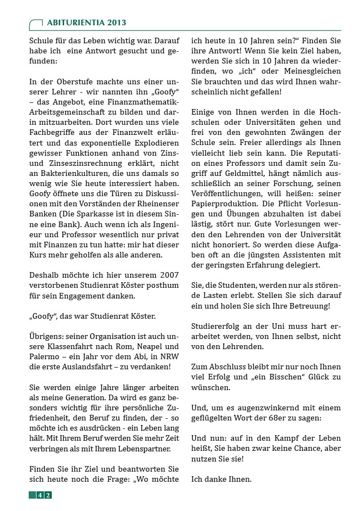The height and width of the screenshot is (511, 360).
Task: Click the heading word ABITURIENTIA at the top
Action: pos(71,22)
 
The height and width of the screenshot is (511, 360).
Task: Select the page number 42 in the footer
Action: pos(44,495)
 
